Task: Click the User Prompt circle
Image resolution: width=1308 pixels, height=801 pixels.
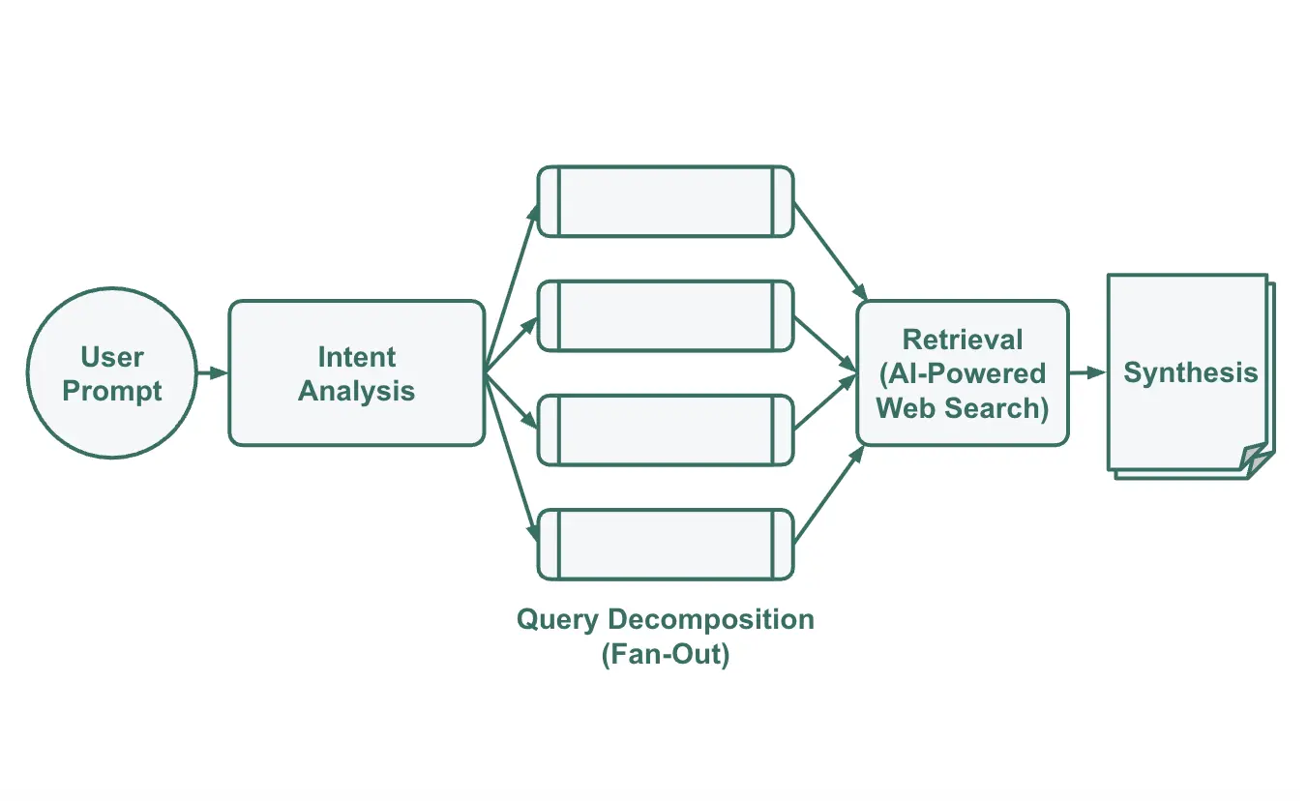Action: pyautogui.click(x=111, y=373)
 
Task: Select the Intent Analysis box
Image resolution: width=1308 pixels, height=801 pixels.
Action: pyautogui.click(x=356, y=373)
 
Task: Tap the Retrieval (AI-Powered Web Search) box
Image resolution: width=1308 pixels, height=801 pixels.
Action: pyautogui.click(x=963, y=373)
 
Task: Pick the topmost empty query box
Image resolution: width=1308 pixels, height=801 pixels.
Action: pyautogui.click(x=666, y=201)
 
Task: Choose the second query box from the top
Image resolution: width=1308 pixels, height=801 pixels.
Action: pyautogui.click(x=666, y=315)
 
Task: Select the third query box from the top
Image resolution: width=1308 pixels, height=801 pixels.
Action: pyautogui.click(x=666, y=430)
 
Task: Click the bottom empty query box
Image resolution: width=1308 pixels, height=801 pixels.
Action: pyautogui.click(x=666, y=544)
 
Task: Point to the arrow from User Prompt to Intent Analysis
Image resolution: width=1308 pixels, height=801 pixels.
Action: pyautogui.click(x=212, y=372)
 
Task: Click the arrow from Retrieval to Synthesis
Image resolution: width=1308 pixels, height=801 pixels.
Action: pyautogui.click(x=1087, y=372)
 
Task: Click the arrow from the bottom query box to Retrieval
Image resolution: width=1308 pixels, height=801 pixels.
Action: pyautogui.click(x=828, y=495)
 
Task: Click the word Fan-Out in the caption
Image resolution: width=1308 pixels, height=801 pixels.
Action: pyautogui.click(x=666, y=654)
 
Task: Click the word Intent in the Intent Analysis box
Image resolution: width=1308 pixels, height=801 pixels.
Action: pyautogui.click(x=356, y=357)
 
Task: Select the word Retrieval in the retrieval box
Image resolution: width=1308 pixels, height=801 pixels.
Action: pyautogui.click(x=963, y=340)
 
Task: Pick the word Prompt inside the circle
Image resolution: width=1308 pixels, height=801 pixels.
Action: pyautogui.click(x=112, y=392)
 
